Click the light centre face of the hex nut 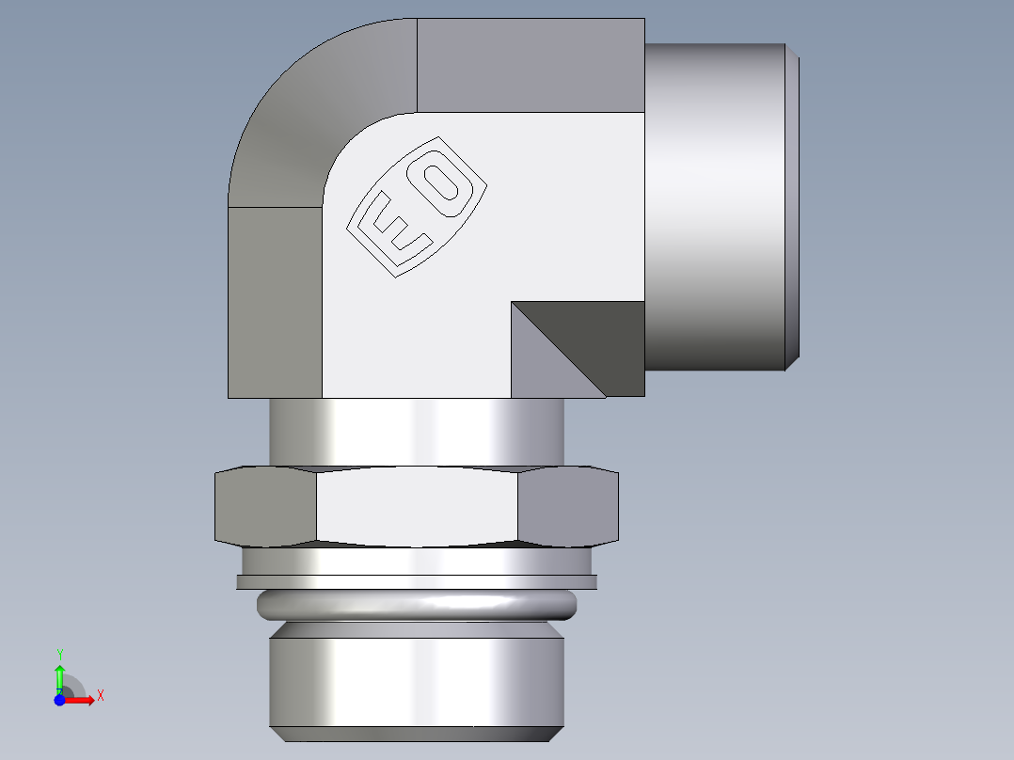(x=417, y=507)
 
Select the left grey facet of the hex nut (x=266, y=507)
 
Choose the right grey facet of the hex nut (x=568, y=507)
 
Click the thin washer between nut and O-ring (x=417, y=581)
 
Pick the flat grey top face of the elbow (x=530, y=65)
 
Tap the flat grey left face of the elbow (x=275, y=301)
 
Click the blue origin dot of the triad (x=58, y=700)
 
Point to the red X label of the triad (x=100, y=696)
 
